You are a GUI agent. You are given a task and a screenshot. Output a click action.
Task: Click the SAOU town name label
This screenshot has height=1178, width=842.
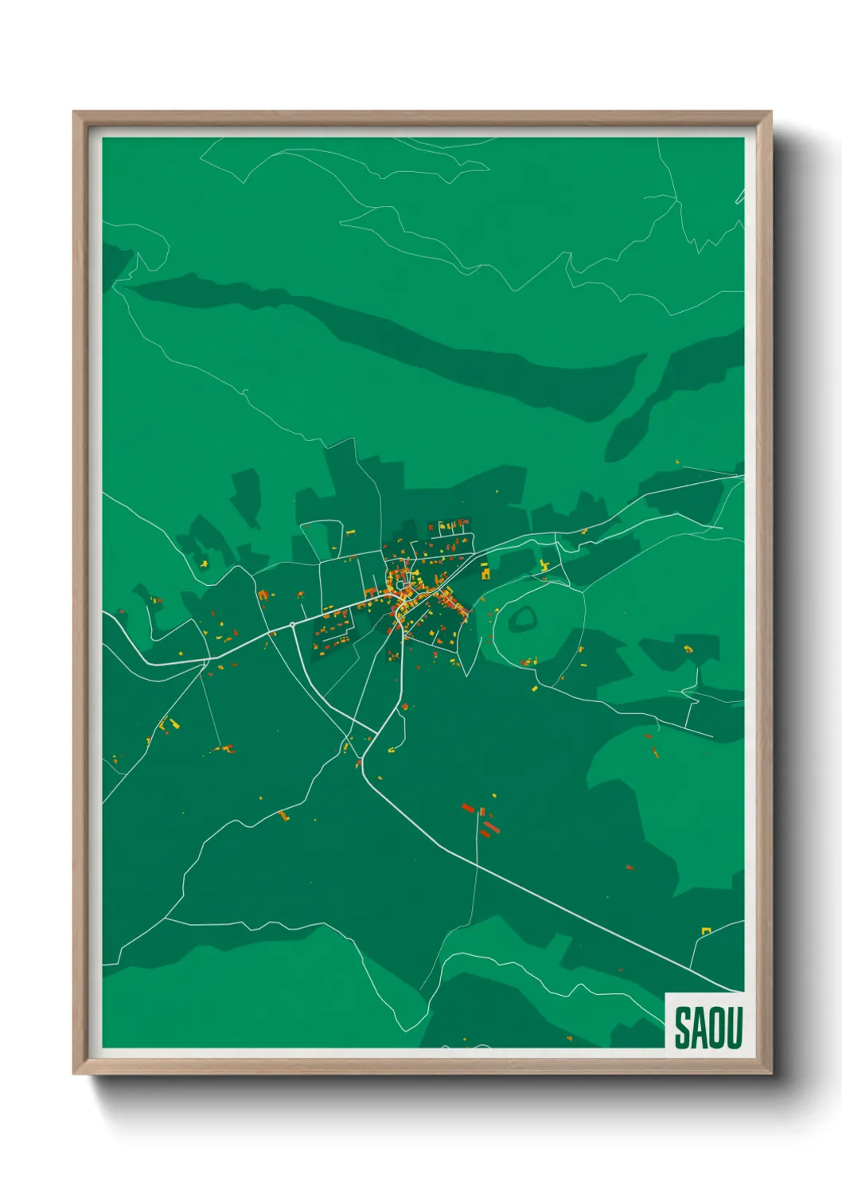708,1027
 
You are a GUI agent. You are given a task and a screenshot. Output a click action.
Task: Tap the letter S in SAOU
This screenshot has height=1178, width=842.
683,1028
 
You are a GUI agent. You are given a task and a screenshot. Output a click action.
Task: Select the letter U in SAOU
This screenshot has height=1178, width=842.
734,1028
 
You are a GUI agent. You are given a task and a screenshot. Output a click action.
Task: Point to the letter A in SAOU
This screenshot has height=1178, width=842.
699,1028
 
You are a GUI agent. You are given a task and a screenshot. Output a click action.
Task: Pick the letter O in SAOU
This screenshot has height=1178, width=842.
716,1028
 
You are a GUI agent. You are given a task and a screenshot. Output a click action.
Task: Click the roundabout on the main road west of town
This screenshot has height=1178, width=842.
292,625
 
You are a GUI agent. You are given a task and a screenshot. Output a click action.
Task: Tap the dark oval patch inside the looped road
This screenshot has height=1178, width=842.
524,617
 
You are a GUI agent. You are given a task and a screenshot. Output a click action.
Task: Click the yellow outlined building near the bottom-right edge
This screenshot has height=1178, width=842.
705,930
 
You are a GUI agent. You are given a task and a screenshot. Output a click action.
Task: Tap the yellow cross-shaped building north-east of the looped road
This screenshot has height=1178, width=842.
545,566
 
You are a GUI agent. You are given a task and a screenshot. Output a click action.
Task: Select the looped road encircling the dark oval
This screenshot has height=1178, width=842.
495,629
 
